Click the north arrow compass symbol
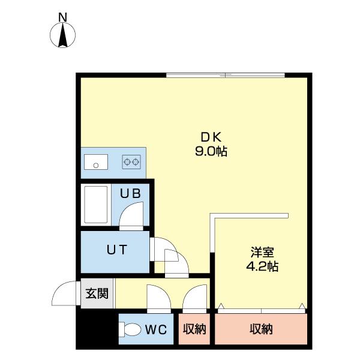coord(63,36)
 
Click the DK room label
coord(210,137)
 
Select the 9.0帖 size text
coord(210,151)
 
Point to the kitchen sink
coord(95,161)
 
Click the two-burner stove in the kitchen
coord(131,161)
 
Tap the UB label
coord(130,194)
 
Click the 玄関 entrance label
coord(96,294)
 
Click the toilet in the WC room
coord(130,329)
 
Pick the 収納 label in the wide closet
coord(261,329)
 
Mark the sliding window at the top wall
coord(225,75)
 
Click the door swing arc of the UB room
coord(132,215)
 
